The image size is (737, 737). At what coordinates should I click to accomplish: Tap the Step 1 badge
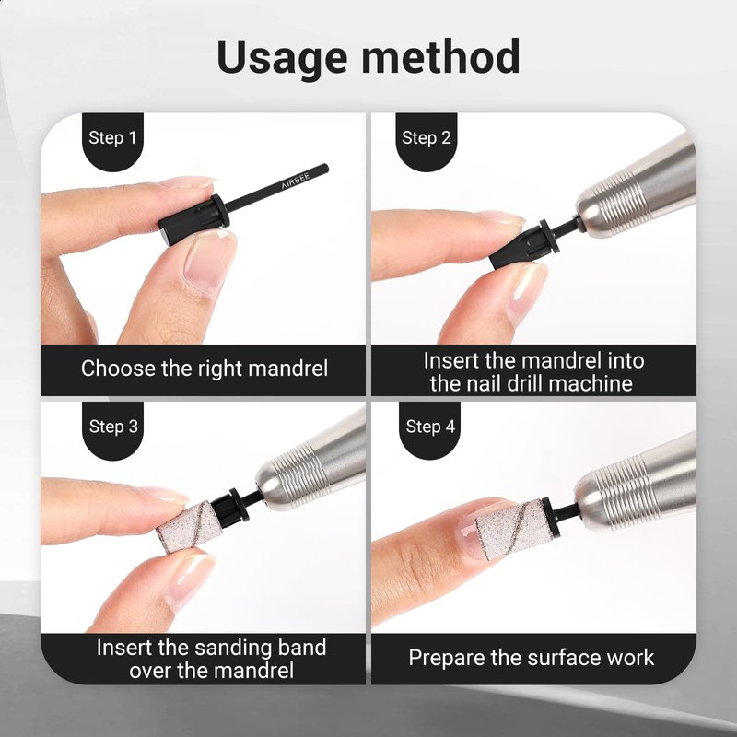tap(112, 141)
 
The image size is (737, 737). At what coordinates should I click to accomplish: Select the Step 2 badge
tap(427, 141)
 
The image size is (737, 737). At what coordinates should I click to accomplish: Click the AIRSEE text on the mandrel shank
tap(295, 181)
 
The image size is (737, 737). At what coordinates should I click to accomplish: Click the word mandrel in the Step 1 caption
tap(287, 368)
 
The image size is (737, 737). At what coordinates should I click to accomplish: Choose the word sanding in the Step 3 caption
tap(233, 649)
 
